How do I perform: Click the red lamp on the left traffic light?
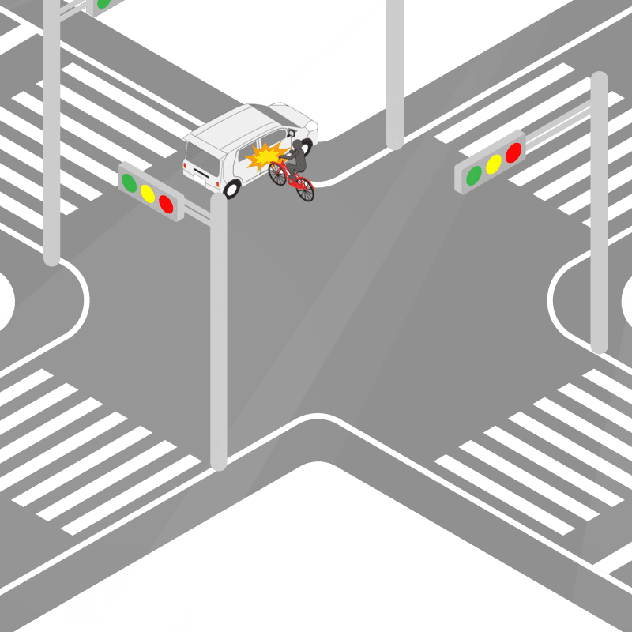coord(166,204)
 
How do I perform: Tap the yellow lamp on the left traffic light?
coord(148,194)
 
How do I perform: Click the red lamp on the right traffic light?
coord(513,152)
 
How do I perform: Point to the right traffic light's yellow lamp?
coord(494,164)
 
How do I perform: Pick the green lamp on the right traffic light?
coord(474,175)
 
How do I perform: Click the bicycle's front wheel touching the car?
coord(277,174)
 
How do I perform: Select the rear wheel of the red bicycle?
coord(304,190)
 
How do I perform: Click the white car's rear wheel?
coord(231,188)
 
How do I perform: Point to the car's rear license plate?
coord(200,169)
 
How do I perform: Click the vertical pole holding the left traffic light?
coord(219,332)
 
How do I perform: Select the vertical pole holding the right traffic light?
coord(599,237)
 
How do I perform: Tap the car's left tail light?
coord(187,167)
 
